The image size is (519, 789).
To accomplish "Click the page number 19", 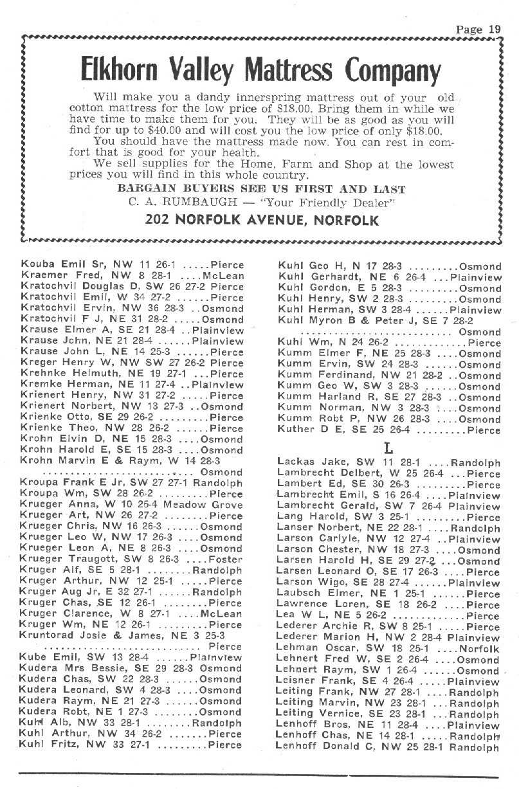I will coord(493,29).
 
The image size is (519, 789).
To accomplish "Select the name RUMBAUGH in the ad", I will coord(217,204).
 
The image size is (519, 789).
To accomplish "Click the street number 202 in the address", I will coord(159,221).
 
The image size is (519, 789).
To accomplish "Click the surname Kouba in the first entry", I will coord(36,265).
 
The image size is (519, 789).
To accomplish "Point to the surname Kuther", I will coord(294,430).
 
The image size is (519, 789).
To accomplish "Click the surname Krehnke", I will coord(42,374).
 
